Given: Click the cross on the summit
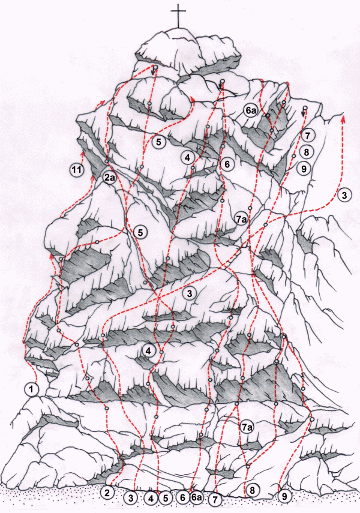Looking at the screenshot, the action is pyautogui.click(x=179, y=16).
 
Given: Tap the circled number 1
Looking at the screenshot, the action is pyautogui.click(x=32, y=389).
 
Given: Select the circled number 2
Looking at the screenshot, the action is pyautogui.click(x=107, y=493).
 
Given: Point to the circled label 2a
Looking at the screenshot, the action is pyautogui.click(x=109, y=178).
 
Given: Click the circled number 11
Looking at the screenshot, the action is pyautogui.click(x=77, y=170).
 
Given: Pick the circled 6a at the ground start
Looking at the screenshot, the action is pyautogui.click(x=196, y=497).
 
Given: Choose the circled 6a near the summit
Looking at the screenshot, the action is pyautogui.click(x=250, y=110).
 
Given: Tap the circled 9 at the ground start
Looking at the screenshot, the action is pyautogui.click(x=284, y=496).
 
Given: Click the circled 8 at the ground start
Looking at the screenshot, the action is pyautogui.click(x=252, y=490).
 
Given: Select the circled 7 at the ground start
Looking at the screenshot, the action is pyautogui.click(x=215, y=500).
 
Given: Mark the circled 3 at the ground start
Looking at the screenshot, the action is pyautogui.click(x=131, y=498).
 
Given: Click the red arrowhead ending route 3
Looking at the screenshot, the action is pyautogui.click(x=343, y=119).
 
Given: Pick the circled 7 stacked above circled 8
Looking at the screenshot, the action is pyautogui.click(x=308, y=135).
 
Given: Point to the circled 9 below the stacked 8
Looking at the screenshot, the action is pyautogui.click(x=304, y=169).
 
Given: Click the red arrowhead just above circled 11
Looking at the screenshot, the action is pyautogui.click(x=83, y=154).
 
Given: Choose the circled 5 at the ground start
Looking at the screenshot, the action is pyautogui.click(x=166, y=498).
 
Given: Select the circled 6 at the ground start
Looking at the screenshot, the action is pyautogui.click(x=182, y=497).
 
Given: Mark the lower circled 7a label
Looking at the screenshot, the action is pyautogui.click(x=247, y=427).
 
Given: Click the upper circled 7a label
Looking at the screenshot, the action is pyautogui.click(x=241, y=220).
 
